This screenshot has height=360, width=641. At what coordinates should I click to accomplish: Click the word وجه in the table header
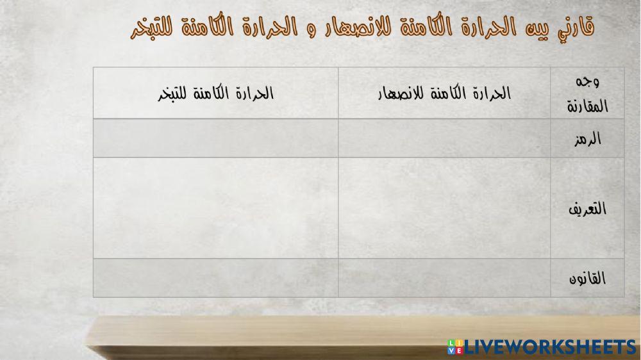point(588,82)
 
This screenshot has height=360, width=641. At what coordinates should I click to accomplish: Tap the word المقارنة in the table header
point(587,106)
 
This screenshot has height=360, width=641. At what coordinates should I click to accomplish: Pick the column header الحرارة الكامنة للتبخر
point(215,94)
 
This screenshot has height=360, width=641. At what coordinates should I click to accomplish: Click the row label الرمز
point(587,139)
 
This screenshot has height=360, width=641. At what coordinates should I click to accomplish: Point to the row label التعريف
point(587,208)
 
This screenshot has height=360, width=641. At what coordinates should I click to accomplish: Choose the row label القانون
point(587,279)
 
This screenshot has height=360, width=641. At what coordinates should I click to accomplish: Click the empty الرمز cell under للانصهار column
point(444,138)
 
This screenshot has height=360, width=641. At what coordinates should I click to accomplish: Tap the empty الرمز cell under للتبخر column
point(215,138)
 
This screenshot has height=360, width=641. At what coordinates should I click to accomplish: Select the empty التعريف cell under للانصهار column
point(444,208)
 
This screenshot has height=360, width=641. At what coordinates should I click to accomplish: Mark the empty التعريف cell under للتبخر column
point(215,208)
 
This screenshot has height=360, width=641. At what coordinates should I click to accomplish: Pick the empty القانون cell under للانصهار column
point(444,278)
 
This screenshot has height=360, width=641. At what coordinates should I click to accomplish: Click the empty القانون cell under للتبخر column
point(215,278)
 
